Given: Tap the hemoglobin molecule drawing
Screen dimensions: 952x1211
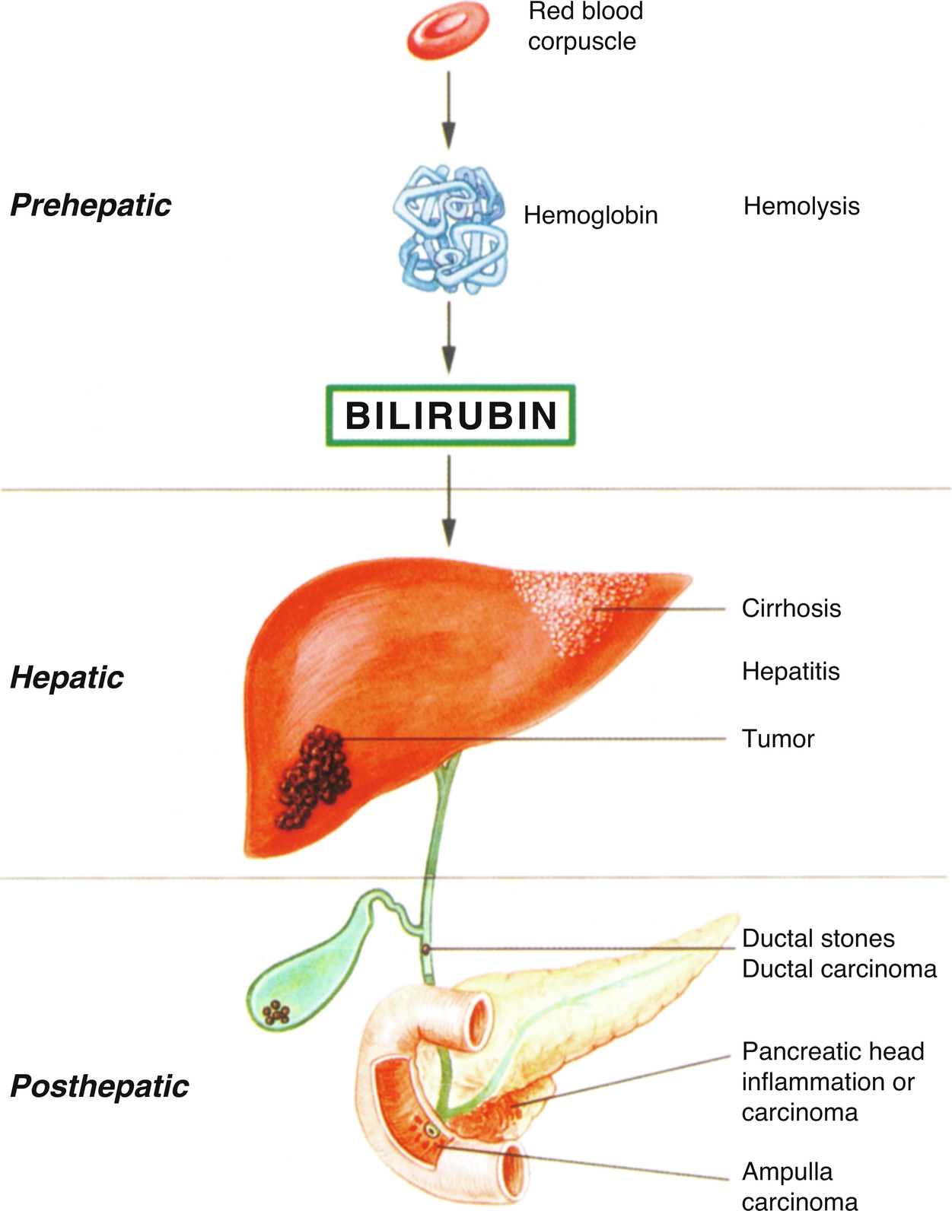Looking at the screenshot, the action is click(x=449, y=228).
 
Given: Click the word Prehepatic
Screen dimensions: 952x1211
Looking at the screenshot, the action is click(x=91, y=206).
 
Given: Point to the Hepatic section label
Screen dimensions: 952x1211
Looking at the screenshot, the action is click(x=67, y=679).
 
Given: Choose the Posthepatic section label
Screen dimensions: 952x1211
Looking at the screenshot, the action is click(x=100, y=1085).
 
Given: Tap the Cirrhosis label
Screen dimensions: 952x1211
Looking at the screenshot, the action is click(x=791, y=608).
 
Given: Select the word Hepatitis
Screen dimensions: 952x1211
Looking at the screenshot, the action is click(x=791, y=672).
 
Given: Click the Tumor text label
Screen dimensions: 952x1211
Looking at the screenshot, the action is click(x=778, y=739).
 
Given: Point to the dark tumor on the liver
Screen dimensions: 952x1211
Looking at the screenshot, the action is click(x=314, y=777).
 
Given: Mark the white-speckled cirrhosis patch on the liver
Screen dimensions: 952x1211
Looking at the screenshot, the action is click(x=580, y=610).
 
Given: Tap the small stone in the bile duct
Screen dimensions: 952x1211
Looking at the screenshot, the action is click(x=425, y=949).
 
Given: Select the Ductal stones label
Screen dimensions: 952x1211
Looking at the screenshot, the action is click(x=818, y=939).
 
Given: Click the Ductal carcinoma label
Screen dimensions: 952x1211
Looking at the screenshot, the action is click(x=839, y=969).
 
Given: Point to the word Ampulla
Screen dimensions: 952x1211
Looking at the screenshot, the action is click(x=787, y=1172).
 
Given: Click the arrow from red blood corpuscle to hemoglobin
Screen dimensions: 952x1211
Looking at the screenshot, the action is click(x=449, y=110).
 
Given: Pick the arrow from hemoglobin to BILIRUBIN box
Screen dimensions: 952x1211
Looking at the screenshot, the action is click(x=449, y=338).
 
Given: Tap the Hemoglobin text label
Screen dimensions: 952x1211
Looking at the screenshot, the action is click(x=591, y=216).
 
